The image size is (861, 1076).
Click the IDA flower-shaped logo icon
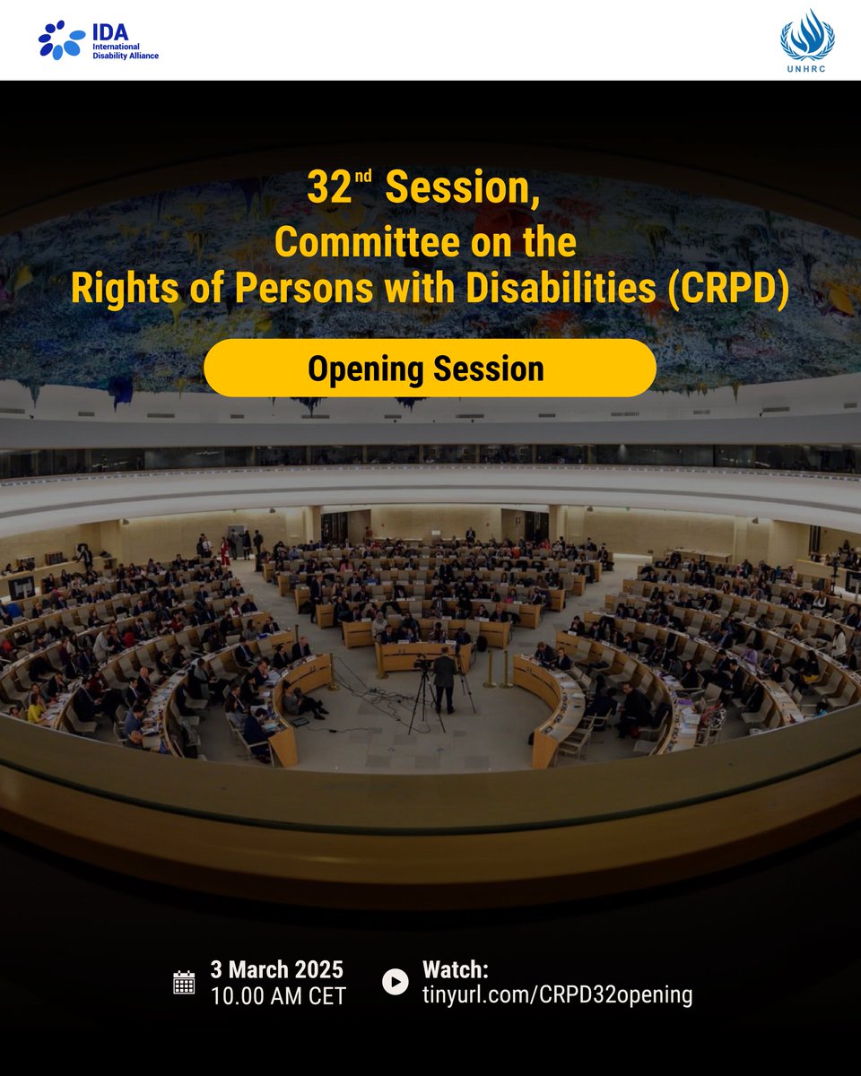(x=62, y=40)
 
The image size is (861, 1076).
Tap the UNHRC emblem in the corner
(x=807, y=34)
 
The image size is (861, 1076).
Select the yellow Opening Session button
(x=430, y=369)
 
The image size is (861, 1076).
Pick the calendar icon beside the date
(x=184, y=982)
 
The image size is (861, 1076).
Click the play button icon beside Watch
(x=395, y=982)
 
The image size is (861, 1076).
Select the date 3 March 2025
(x=276, y=970)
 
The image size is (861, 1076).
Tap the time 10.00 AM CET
(x=278, y=996)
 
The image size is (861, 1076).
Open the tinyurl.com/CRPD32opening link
(x=557, y=994)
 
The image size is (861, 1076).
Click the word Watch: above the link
(x=456, y=970)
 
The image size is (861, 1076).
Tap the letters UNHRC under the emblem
(x=807, y=68)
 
